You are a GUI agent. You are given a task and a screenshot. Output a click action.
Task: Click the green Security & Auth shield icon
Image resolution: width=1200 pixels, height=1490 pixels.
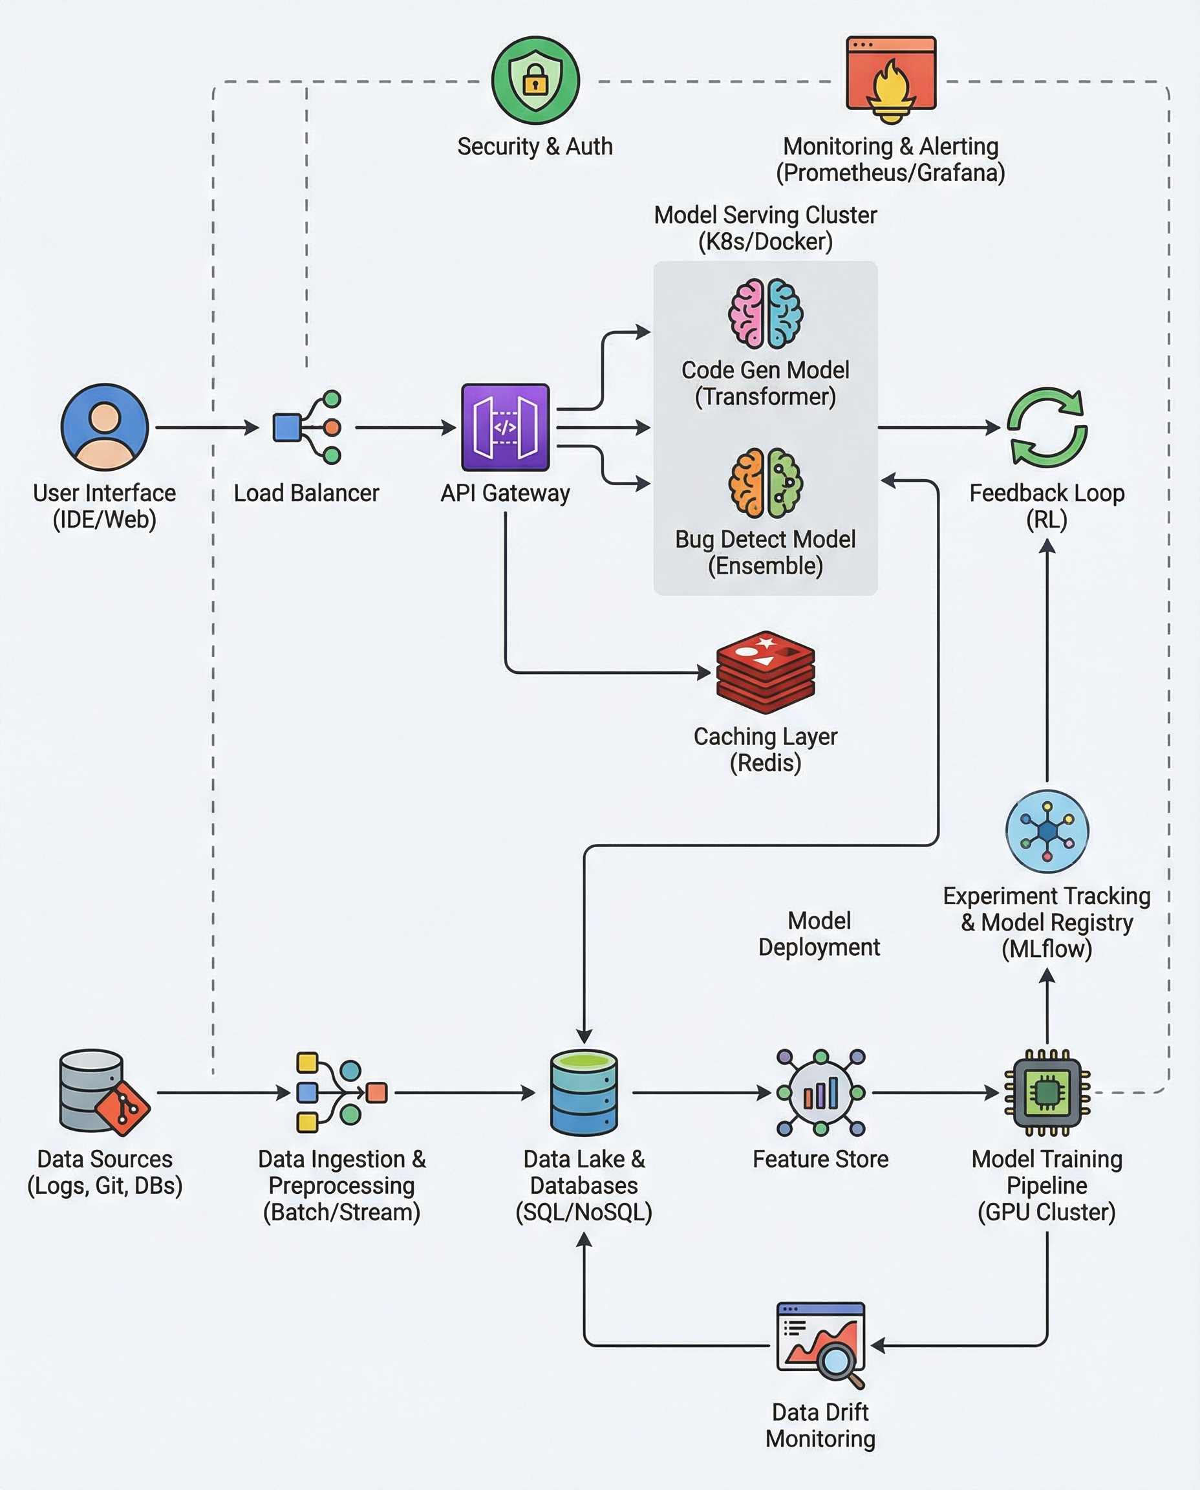[x=535, y=81]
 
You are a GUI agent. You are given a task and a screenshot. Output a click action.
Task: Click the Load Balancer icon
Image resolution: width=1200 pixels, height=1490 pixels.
[x=307, y=427]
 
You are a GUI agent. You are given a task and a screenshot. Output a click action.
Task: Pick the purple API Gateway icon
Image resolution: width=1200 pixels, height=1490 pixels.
[x=506, y=427]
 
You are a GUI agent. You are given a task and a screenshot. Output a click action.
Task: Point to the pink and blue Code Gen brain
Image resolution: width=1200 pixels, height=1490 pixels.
[x=766, y=313]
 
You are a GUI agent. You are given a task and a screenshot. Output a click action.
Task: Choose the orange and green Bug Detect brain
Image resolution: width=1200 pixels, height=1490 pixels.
[x=766, y=482]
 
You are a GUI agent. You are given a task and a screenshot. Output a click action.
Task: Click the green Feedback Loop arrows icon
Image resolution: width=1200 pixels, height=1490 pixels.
[x=1047, y=427]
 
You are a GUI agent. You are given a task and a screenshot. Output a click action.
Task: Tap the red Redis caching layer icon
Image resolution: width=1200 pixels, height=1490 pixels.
[x=766, y=672]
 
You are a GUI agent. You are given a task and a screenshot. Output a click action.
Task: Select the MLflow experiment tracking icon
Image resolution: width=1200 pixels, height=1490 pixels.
[x=1047, y=831]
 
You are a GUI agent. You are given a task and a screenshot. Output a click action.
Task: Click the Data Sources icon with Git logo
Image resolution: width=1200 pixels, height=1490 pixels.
[x=104, y=1092]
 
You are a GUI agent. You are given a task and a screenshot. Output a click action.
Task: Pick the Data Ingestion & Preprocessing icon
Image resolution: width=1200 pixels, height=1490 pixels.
[x=341, y=1092]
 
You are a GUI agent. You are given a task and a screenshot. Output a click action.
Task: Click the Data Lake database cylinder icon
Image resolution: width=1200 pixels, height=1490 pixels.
[x=584, y=1092]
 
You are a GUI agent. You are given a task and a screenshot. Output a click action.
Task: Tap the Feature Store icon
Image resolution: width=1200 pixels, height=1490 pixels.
[x=820, y=1092]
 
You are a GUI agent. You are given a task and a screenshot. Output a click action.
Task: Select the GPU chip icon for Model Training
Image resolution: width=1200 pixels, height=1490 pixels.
[x=1047, y=1092]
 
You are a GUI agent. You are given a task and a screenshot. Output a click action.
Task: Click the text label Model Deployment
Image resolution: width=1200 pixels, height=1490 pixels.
[x=819, y=933]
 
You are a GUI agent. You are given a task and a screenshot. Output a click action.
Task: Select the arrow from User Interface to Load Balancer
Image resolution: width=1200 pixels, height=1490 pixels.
[x=206, y=428]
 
